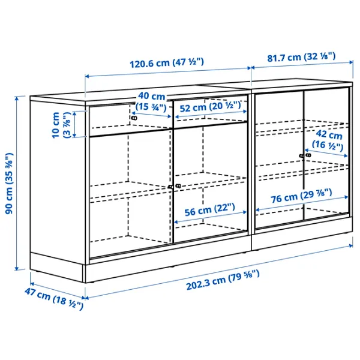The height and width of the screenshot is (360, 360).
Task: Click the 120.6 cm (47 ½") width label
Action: [x=167, y=62]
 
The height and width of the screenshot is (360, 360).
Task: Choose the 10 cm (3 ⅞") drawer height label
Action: [x=61, y=125]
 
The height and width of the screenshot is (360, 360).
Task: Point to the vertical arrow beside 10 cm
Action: [x=75, y=125]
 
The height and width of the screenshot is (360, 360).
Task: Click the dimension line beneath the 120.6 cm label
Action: [x=167, y=76]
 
